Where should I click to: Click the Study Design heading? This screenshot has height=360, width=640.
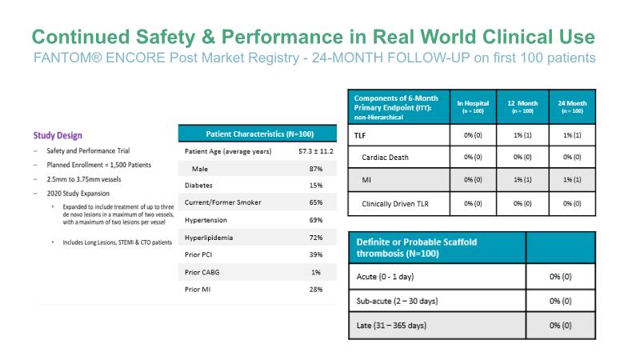(x=58, y=135)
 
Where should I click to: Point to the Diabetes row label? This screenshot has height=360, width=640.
(x=199, y=186)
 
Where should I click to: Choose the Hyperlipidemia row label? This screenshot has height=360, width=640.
(x=211, y=238)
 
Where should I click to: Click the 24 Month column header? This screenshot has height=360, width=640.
(x=573, y=107)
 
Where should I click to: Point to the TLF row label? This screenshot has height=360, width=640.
(x=361, y=135)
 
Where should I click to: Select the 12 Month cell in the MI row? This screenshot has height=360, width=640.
(x=522, y=180)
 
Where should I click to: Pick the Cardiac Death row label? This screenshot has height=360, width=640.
(x=386, y=158)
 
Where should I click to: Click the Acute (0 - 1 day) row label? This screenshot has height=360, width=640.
(x=386, y=276)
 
